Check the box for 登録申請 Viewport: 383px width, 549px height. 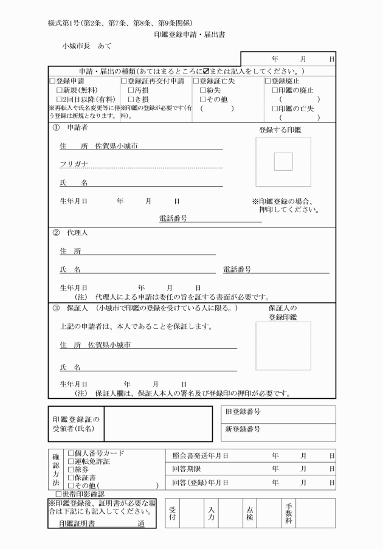(x=52, y=81)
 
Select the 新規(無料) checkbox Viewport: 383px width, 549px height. (x=59, y=90)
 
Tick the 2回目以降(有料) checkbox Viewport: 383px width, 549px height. (x=59, y=99)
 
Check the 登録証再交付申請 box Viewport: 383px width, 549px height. (x=123, y=81)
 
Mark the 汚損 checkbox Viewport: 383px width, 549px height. (x=131, y=90)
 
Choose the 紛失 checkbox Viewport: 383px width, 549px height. (x=202, y=90)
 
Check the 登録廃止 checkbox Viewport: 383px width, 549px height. (x=267, y=81)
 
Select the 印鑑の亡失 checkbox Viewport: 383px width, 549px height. (x=274, y=109)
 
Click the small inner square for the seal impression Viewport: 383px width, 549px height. (x=283, y=162)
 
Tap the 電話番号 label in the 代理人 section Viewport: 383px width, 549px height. (x=237, y=269)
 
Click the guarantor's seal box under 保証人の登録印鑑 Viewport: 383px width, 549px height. (x=283, y=346)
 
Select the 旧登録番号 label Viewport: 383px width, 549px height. (x=243, y=412)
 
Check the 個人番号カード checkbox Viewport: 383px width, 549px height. (x=71, y=454)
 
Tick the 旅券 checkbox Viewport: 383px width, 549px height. (x=71, y=470)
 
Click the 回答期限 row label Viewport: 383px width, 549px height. (x=185, y=469)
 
